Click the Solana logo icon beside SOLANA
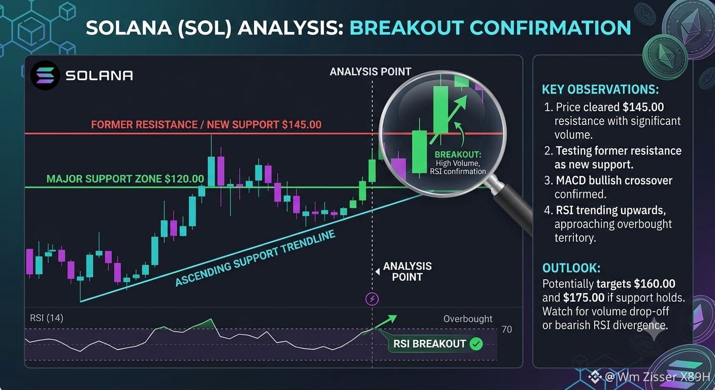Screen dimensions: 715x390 [45, 75]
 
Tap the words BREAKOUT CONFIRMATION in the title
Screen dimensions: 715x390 [490, 27]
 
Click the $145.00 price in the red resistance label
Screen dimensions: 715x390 [302, 124]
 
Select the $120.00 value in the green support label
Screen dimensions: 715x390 [184, 179]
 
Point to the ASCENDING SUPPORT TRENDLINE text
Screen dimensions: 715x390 [255, 258]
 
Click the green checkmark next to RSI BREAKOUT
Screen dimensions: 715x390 [476, 344]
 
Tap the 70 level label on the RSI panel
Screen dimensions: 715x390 [507, 329]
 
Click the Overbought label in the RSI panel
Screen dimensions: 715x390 [468, 318]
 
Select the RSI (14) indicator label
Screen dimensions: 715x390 [47, 318]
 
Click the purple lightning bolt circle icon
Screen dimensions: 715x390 [372, 299]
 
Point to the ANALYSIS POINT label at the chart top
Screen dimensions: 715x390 [370, 72]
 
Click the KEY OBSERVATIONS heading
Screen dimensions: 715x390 [600, 89]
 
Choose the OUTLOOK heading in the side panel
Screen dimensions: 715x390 [571, 268]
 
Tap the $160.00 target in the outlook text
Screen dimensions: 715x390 [655, 283]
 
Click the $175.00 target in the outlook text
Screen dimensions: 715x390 [584, 298]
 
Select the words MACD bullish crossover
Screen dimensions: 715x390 [614, 180]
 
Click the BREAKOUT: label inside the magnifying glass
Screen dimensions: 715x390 [458, 154]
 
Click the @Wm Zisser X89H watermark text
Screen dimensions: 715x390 [658, 377]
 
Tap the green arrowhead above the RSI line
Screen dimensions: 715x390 [392, 318]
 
